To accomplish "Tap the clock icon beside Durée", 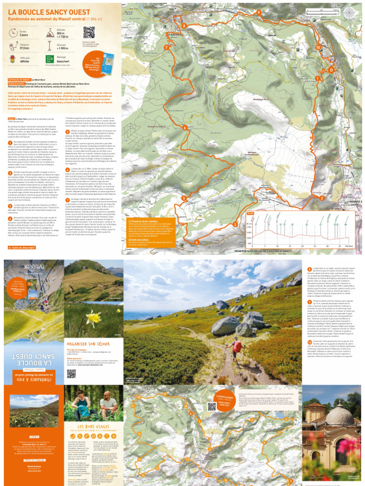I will click(13, 34).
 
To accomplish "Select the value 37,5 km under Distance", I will click(24, 48).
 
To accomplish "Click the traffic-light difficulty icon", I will click(13, 59).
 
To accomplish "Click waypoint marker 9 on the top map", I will click(259, 12).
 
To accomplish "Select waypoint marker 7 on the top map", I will click(166, 48).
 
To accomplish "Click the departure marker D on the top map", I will click(331, 70).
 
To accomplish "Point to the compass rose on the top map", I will click(350, 12).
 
